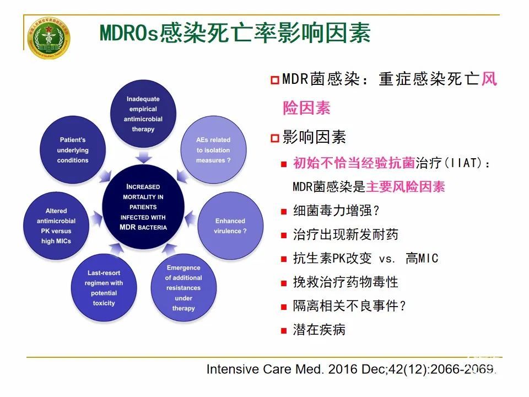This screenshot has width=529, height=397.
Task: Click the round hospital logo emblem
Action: [49, 38]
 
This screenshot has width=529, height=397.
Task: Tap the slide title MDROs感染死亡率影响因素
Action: [235, 33]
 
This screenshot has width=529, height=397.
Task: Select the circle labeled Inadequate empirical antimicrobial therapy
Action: [143, 114]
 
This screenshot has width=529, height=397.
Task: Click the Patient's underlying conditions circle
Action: [73, 150]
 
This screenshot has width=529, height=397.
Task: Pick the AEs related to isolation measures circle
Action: [213, 150]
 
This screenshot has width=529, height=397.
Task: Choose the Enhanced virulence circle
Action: [230, 226]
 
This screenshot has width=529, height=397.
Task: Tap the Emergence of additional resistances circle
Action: [183, 288]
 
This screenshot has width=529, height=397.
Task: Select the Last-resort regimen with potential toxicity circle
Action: [104, 288]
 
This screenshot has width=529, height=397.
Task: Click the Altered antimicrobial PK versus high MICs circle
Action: [56, 226]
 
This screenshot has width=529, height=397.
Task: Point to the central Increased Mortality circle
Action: [143, 207]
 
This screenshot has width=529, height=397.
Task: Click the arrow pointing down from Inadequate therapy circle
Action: [144, 157]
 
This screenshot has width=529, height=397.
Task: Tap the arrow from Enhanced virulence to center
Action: [190, 218]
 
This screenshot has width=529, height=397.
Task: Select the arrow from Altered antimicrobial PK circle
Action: [96, 219]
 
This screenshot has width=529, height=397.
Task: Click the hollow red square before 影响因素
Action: [275, 138]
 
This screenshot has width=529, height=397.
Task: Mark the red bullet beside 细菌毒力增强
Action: [284, 212]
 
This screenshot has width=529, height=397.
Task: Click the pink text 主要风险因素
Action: [406, 186]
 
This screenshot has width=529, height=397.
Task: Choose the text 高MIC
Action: [422, 258]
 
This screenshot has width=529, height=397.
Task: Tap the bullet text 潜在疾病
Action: [319, 330]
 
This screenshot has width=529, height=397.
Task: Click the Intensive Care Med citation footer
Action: [351, 369]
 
